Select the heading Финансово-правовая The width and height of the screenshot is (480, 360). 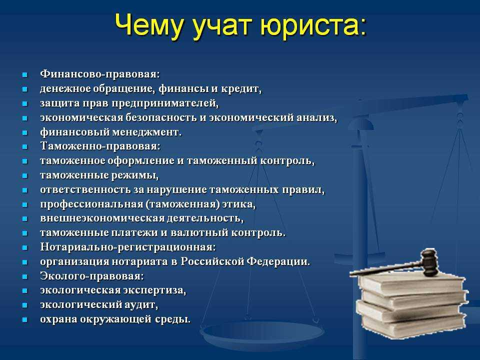click(100, 74)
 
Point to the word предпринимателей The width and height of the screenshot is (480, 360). click(165, 103)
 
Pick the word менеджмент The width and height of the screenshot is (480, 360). click(146, 132)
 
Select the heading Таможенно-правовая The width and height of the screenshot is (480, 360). click(100, 146)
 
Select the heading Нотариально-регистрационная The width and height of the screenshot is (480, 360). click(128, 247)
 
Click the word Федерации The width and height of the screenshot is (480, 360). click(278, 261)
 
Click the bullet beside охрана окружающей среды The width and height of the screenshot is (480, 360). click(25, 319)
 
